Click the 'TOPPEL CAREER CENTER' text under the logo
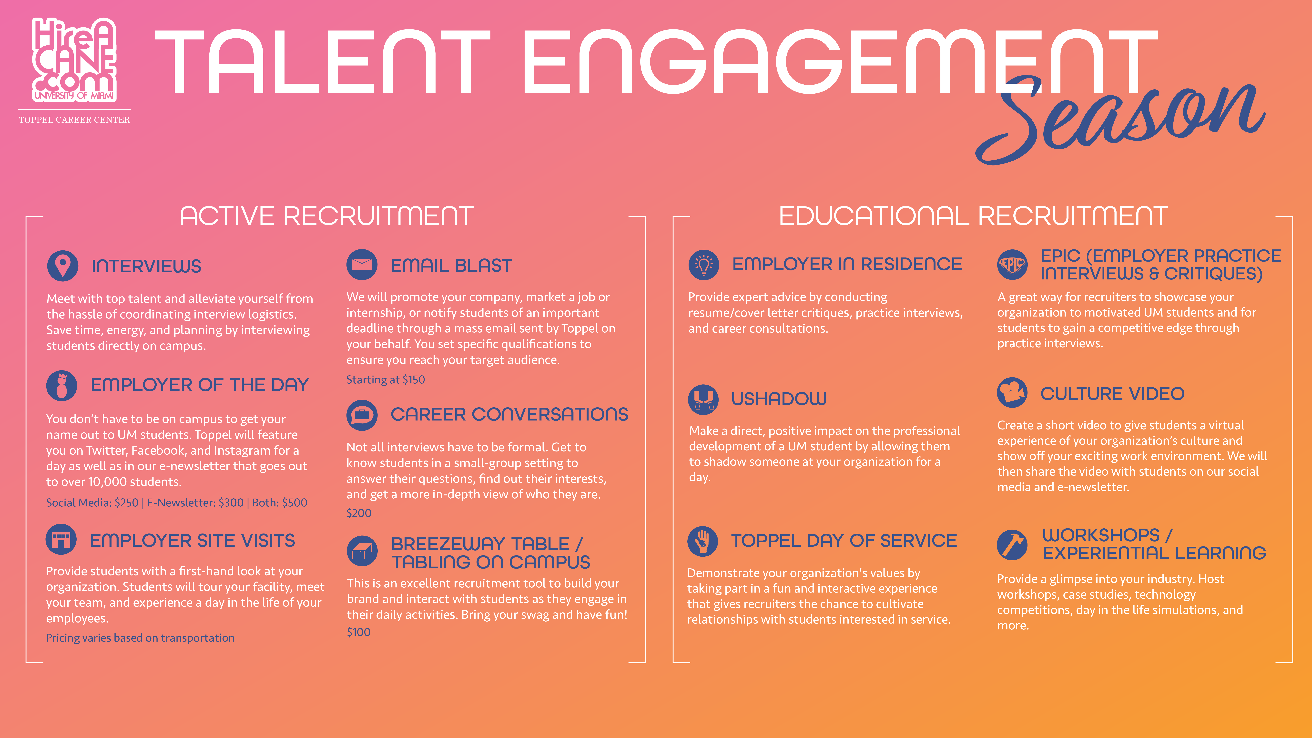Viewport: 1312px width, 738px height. [x=74, y=120]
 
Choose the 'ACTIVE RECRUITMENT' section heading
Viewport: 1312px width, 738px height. [x=326, y=216]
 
